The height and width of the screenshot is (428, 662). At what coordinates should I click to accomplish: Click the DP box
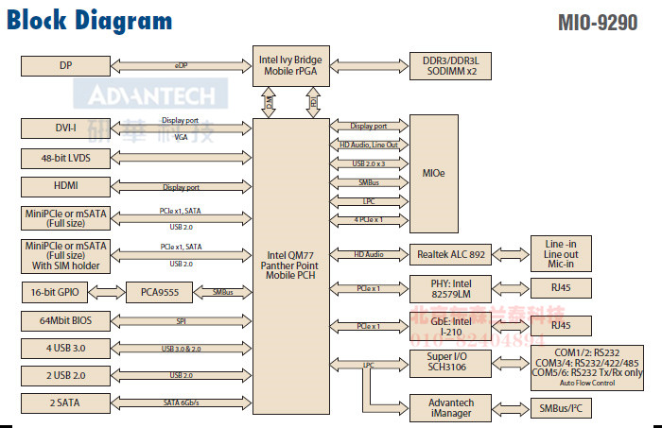[x=64, y=65]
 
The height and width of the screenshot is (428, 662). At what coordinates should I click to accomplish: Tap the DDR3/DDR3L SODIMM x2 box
[x=450, y=64]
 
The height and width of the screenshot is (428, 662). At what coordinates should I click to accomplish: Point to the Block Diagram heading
[x=90, y=21]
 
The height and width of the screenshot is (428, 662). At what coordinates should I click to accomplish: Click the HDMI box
[x=64, y=186]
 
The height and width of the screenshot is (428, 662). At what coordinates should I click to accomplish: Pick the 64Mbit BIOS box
[x=64, y=322]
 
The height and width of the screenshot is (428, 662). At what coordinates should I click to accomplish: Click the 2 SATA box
[x=64, y=403]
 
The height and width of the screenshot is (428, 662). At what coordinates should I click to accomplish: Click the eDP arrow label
[x=181, y=66]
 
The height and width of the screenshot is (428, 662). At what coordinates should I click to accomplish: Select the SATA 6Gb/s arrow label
[x=181, y=403]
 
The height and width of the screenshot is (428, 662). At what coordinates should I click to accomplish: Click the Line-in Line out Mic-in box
[x=567, y=254]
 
